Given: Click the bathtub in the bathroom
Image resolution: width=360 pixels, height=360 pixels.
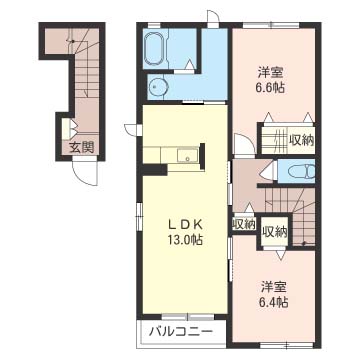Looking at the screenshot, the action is (155, 48).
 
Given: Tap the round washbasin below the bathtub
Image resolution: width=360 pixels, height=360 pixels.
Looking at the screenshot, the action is (155, 87).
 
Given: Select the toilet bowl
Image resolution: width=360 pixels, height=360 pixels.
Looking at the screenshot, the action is (302, 172).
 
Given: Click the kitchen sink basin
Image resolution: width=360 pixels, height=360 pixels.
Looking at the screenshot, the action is (188, 156).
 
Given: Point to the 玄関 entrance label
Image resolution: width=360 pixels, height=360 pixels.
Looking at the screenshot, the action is (82, 147).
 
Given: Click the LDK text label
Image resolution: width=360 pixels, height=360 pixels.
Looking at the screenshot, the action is (185, 225).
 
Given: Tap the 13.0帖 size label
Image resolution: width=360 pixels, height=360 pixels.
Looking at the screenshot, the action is (185, 240).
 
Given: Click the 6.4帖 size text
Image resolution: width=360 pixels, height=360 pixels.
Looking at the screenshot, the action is (274, 303).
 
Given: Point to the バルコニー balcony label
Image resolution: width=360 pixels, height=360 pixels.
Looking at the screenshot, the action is (181, 332).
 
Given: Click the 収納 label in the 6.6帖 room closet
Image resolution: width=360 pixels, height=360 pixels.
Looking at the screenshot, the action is (302, 140).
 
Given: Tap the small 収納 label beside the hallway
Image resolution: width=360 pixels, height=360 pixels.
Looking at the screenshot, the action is (244, 223).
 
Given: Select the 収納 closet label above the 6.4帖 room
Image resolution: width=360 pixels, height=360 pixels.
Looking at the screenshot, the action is (275, 232).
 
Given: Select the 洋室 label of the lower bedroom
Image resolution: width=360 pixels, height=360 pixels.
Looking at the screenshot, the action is (274, 287).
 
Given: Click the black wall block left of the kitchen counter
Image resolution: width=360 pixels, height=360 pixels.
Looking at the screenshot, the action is (154, 170).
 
